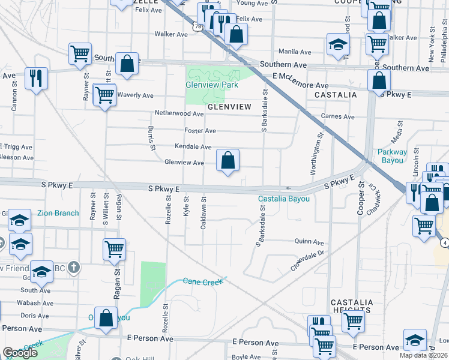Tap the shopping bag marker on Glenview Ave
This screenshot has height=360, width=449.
pyautogui.click(x=228, y=161)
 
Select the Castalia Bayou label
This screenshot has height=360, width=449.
pyautogui.click(x=284, y=199)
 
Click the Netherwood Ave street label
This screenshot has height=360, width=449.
pyautogui.click(x=179, y=113)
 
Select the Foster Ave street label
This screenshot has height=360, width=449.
pyautogui.click(x=200, y=131)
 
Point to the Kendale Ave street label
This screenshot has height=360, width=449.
pyautogui.click(x=193, y=147)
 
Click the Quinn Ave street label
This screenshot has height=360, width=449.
pyautogui.click(x=309, y=242)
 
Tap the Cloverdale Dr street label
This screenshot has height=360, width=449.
pyautogui.click(x=307, y=261)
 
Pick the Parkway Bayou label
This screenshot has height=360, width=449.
pyautogui.click(x=393, y=156)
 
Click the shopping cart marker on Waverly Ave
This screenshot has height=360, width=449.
pyautogui.click(x=104, y=94)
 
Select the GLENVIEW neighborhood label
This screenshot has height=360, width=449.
pyautogui.click(x=229, y=107)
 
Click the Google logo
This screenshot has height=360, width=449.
pyautogui.click(x=20, y=353)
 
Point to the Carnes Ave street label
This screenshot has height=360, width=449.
pyautogui.click(x=338, y=116)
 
